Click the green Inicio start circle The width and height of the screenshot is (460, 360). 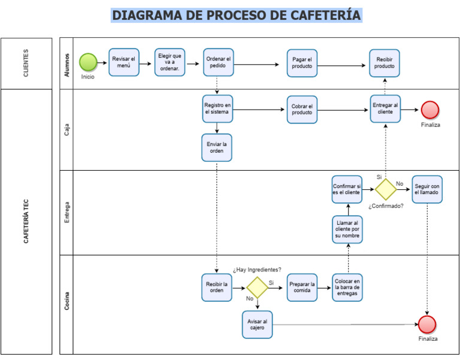88,62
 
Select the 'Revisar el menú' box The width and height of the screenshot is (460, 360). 124,62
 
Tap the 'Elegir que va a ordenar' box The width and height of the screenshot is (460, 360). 170,62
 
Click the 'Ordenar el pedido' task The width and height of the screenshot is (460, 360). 218,62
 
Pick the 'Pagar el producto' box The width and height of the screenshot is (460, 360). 302,63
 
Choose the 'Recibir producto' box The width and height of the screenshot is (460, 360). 385,63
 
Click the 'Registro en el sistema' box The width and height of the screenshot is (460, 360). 217,108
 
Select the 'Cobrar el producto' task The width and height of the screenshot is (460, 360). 302,109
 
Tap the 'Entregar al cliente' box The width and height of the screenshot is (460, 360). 385,109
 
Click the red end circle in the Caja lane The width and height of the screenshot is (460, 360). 430,110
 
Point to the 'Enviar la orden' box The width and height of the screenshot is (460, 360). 217,147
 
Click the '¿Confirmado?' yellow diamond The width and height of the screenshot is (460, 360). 385,189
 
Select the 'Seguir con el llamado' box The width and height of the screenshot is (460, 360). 428,189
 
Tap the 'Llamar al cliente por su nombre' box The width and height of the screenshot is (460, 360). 347,229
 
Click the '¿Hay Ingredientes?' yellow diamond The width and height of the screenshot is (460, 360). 258,288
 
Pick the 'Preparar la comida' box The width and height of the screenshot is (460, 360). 302,288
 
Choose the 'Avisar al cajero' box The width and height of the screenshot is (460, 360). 257,325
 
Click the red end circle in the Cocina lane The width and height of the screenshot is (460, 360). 428,325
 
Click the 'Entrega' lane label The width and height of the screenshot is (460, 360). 66,213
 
